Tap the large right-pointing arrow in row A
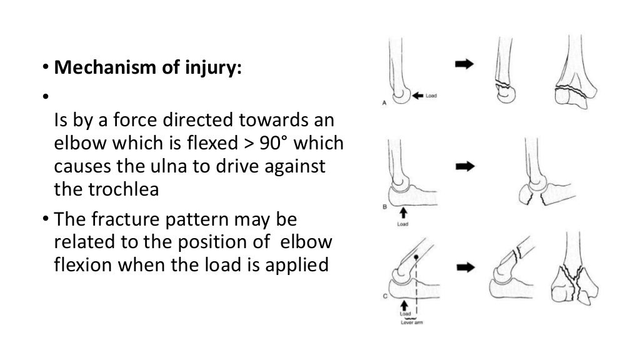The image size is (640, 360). pos(464,64)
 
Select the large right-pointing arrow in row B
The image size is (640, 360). pos(464,166)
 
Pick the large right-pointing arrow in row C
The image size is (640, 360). pos(464,267)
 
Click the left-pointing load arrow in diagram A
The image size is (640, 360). pos(418,96)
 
